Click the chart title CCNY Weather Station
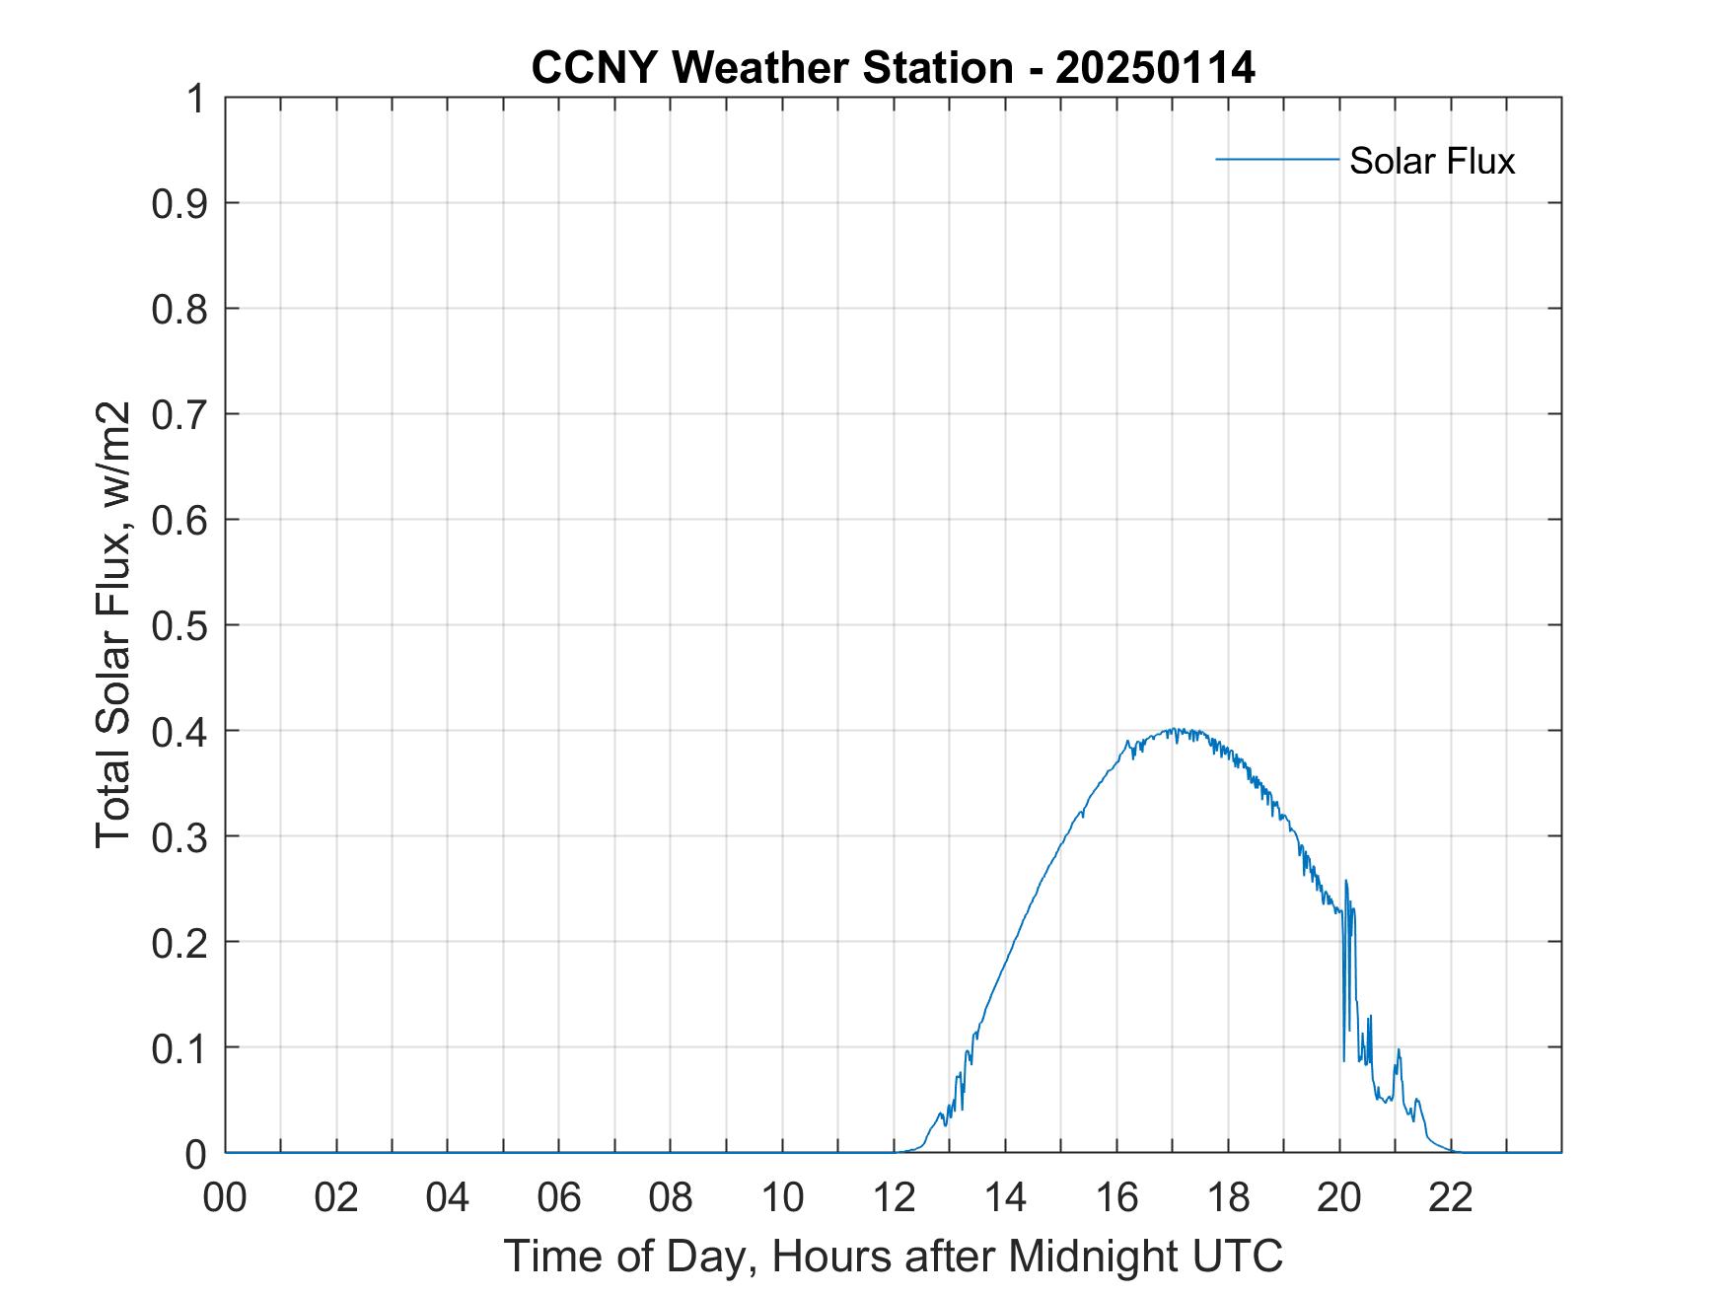[771, 68]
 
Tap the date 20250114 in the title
[1155, 68]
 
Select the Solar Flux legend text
[1431, 161]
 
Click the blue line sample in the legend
[1276, 159]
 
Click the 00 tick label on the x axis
[225, 1197]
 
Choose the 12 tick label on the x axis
[894, 1197]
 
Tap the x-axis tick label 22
[1451, 1197]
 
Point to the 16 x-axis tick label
[1116, 1197]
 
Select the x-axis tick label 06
[559, 1197]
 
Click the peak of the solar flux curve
[1173, 730]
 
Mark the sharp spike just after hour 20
[1346, 882]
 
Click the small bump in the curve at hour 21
[1399, 1051]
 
